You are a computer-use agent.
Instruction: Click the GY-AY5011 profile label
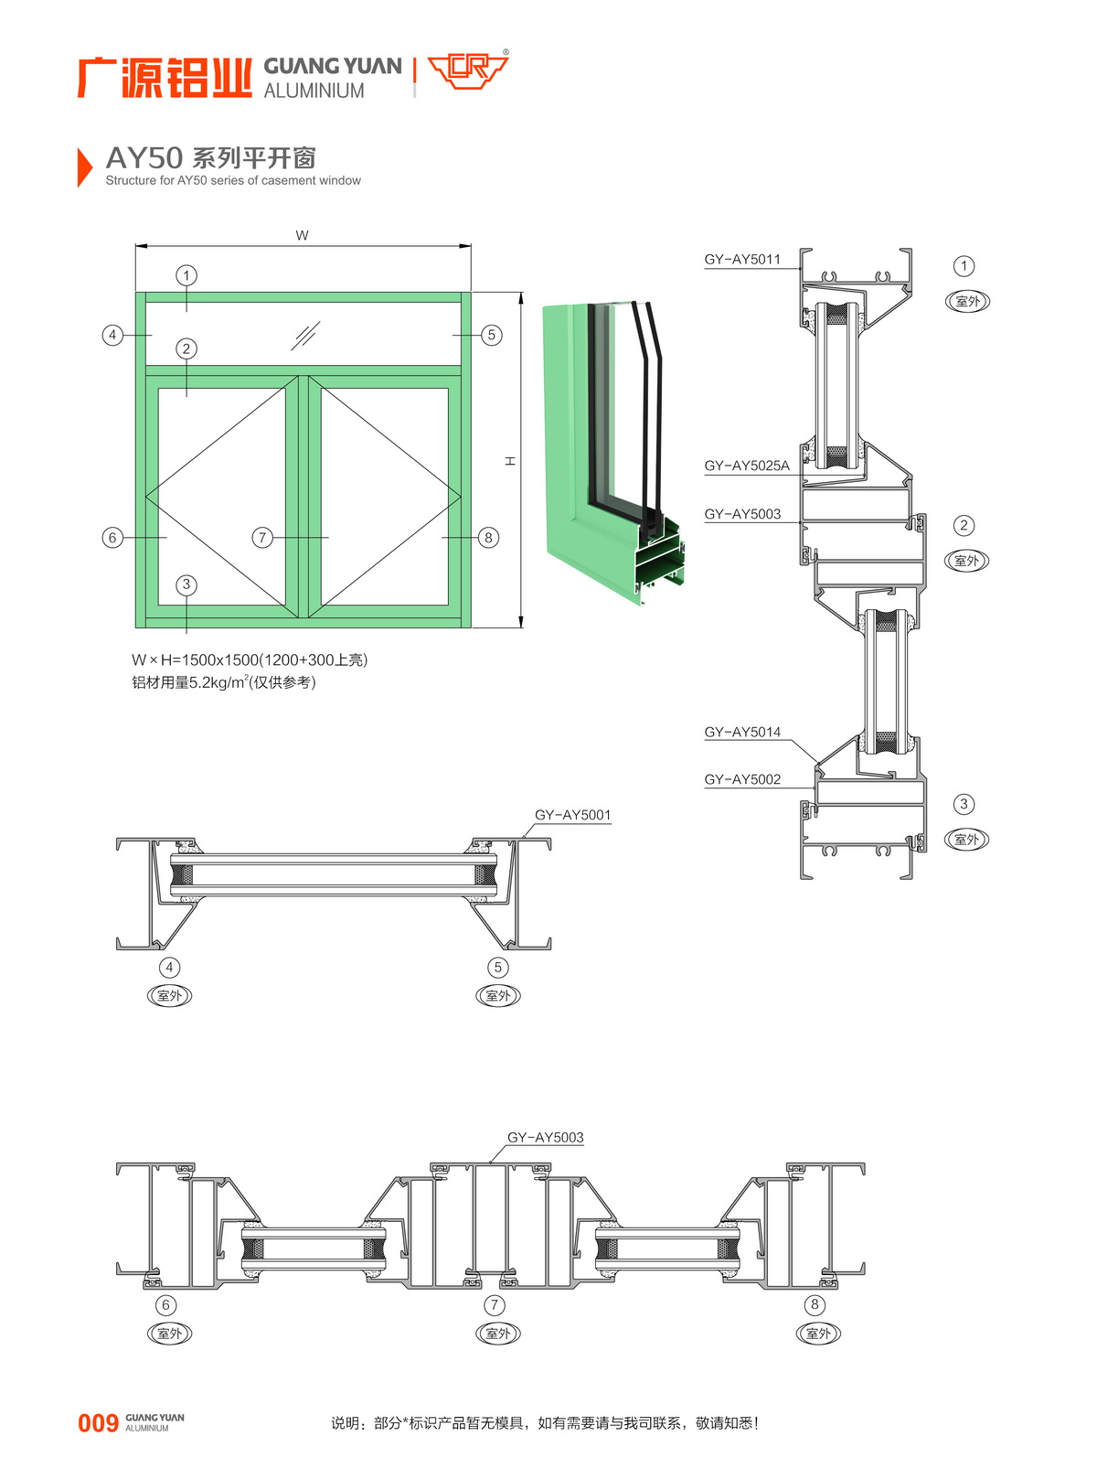coord(742,260)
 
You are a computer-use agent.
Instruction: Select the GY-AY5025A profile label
coord(746,466)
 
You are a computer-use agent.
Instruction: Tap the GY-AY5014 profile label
coord(742,733)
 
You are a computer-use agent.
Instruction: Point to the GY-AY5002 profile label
coord(742,780)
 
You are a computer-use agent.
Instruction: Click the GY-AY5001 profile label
coord(572,816)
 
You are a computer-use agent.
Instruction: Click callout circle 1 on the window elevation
coord(186,275)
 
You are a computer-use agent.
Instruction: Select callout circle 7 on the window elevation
coord(262,538)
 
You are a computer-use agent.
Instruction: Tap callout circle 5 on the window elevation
coord(491,335)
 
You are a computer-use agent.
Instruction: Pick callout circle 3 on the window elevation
coord(186,584)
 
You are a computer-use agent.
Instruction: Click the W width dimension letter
coord(302,236)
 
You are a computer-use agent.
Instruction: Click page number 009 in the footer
coord(98,1423)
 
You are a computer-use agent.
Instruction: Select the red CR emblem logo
coord(467,70)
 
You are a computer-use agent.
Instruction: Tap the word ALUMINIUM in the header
coord(314,91)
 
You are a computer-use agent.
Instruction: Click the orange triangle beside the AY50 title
coord(84,166)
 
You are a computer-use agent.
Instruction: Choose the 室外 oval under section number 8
coord(817,1334)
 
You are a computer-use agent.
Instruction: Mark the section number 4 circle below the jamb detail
coord(169,968)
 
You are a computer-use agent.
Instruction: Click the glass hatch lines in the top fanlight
coord(304,336)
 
